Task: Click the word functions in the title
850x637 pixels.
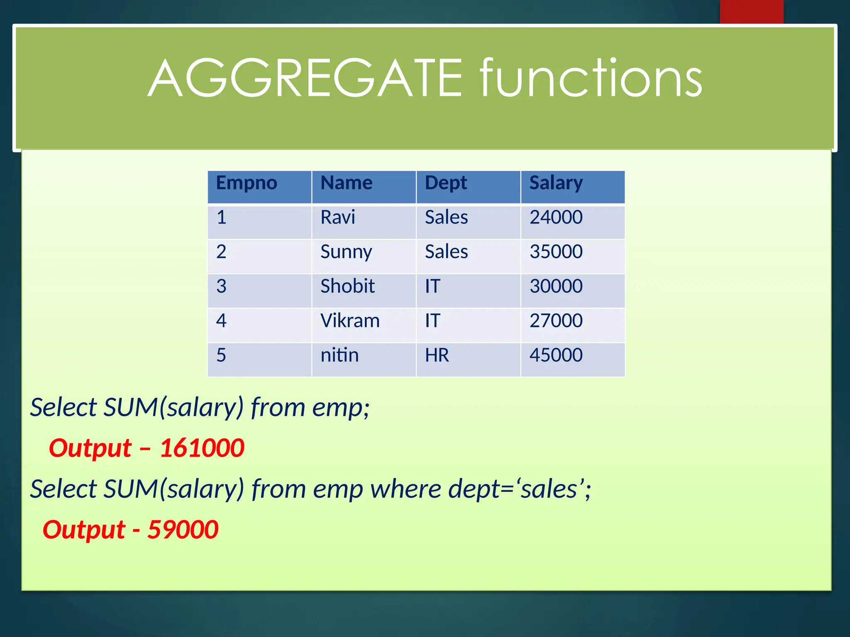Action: click(x=590, y=79)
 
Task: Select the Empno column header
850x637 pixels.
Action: click(x=247, y=183)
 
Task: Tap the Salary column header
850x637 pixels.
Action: click(x=556, y=183)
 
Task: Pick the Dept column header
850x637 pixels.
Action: click(x=446, y=183)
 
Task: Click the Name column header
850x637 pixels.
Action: click(x=347, y=183)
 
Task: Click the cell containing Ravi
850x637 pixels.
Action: click(x=338, y=218)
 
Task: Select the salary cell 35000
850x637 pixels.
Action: click(x=556, y=252)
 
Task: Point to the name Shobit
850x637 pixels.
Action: click(x=347, y=287)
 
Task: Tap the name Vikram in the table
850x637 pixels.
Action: click(x=350, y=321)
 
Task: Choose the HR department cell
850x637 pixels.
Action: click(x=437, y=355)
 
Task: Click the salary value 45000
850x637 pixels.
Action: click(x=556, y=355)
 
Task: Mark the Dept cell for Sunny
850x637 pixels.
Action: click(x=446, y=252)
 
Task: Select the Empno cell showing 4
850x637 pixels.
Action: click(x=221, y=321)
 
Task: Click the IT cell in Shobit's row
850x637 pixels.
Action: click(x=432, y=287)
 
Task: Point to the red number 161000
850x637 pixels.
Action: click(x=202, y=448)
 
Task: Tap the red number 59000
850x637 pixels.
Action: click(x=183, y=530)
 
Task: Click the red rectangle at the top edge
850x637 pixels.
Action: click(x=751, y=12)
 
